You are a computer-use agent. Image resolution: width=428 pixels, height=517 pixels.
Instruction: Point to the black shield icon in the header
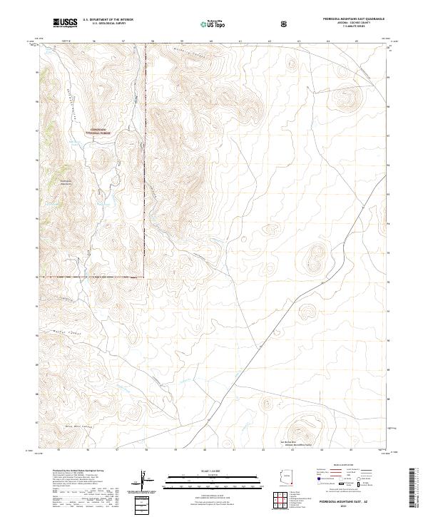pyautogui.click(x=285, y=24)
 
